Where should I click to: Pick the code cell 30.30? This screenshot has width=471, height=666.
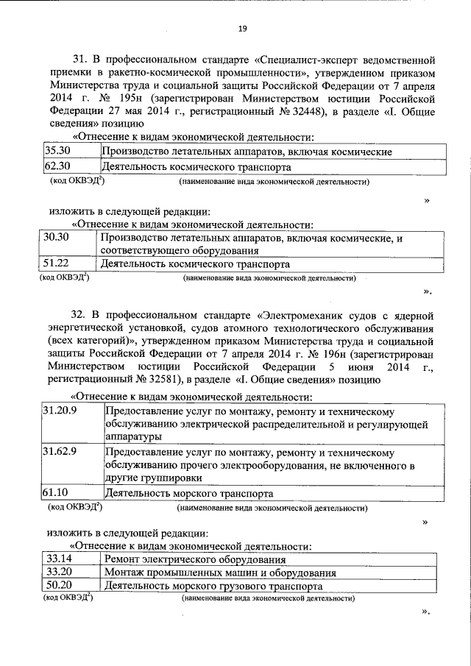coord(57,238)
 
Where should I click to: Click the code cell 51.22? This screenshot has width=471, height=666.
coord(57,263)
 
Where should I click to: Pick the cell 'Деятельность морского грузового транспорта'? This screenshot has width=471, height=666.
coord(213,587)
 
